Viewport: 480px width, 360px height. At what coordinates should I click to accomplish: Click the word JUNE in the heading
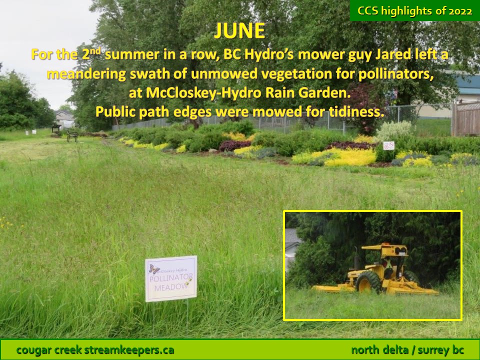click(x=239, y=30)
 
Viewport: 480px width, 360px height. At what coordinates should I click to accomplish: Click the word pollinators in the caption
click(x=396, y=74)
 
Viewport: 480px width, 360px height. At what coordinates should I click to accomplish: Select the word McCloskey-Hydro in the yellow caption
click(x=194, y=93)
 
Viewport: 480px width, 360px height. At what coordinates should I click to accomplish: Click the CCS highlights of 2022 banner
click(x=415, y=10)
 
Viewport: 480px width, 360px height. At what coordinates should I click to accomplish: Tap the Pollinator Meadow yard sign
click(x=171, y=278)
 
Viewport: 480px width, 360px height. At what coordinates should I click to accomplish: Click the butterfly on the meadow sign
click(x=154, y=269)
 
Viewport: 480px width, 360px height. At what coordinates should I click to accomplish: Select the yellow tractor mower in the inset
click(x=376, y=269)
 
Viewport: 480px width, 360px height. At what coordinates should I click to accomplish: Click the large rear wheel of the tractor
click(x=368, y=282)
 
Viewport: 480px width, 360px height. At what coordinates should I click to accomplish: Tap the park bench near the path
click(x=72, y=136)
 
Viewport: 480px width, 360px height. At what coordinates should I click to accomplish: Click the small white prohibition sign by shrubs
click(x=389, y=145)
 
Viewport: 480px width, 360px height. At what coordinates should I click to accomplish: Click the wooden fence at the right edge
click(x=465, y=119)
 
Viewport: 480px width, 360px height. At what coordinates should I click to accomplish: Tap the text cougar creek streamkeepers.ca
click(x=95, y=350)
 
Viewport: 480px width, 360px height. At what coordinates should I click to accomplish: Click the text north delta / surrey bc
click(x=407, y=350)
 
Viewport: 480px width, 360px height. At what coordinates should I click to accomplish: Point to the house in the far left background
click(x=64, y=118)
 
